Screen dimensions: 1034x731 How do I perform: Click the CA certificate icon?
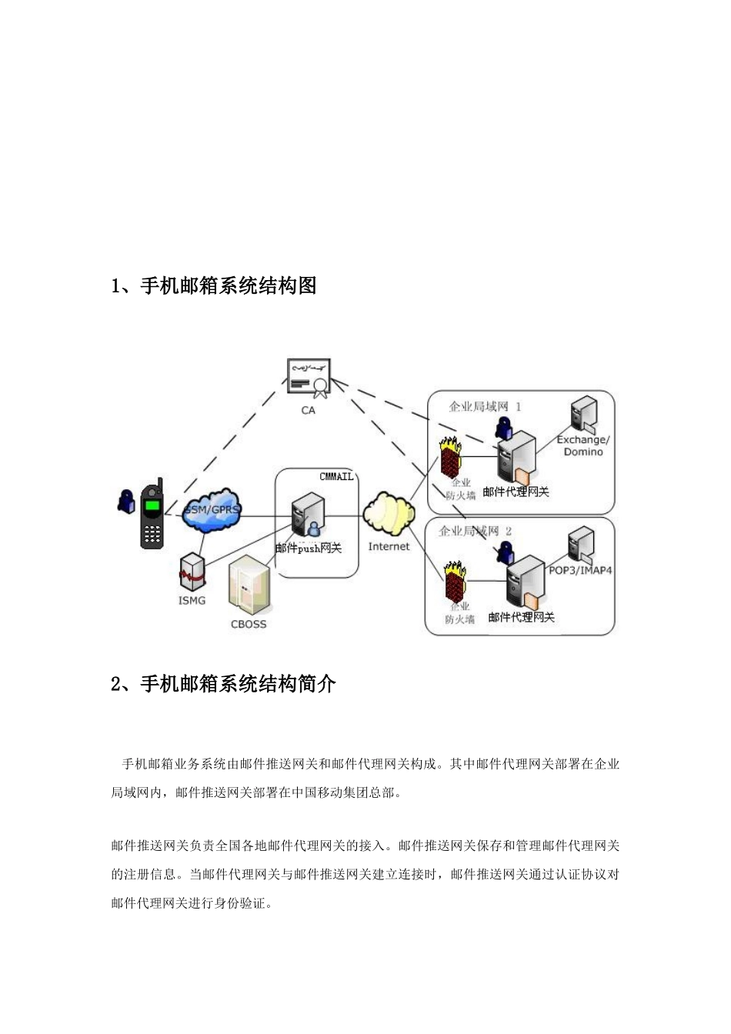click(x=309, y=377)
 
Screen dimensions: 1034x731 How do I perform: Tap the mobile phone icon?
click(x=152, y=514)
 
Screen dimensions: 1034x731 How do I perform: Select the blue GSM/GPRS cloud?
click(x=212, y=509)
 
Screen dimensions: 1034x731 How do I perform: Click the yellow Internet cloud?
click(x=389, y=514)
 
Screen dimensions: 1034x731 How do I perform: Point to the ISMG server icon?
click(x=192, y=573)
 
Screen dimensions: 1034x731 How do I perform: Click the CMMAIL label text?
click(x=336, y=477)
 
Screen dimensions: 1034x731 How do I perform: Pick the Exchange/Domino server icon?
click(x=583, y=414)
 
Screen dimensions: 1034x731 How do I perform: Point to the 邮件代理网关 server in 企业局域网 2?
click(x=524, y=583)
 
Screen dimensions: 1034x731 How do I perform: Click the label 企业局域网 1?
click(x=485, y=406)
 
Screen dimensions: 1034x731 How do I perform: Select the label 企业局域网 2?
click(x=475, y=531)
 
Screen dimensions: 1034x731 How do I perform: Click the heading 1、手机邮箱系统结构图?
click(x=214, y=286)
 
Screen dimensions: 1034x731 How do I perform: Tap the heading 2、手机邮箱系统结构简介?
click(x=223, y=683)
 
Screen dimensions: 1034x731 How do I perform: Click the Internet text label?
click(x=389, y=546)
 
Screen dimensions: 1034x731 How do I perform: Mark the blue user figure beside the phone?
click(x=125, y=501)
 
